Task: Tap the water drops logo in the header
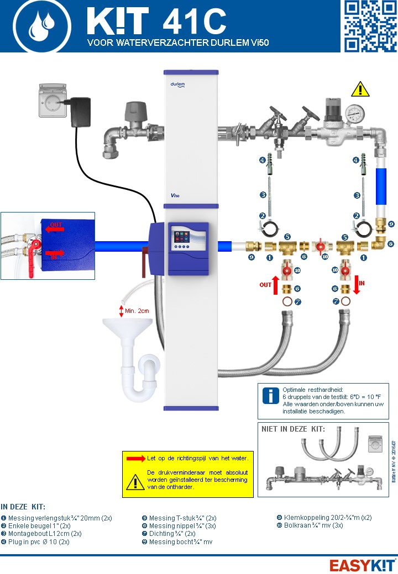pyautogui.click(x=42, y=26)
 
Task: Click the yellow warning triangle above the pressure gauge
pyautogui.click(x=360, y=88)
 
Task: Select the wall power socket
pyautogui.click(x=54, y=100)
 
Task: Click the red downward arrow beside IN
pyautogui.click(x=357, y=285)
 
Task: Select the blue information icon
pyautogui.click(x=270, y=396)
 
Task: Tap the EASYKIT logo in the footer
pyautogui.click(x=362, y=565)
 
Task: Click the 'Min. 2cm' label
pyautogui.click(x=137, y=311)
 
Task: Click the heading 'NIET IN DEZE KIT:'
pyautogui.click(x=292, y=429)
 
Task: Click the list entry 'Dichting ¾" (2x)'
pyautogui.click(x=172, y=534)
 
